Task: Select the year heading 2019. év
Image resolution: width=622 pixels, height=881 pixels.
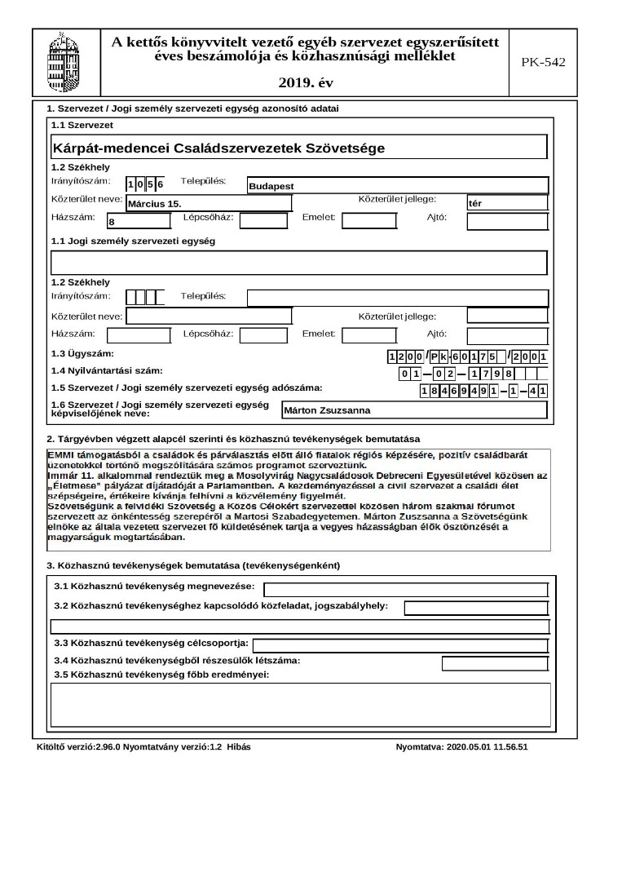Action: click(x=305, y=82)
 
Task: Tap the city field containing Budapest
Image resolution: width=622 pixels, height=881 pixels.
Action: click(x=398, y=185)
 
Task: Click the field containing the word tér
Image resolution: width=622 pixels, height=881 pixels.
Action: click(x=506, y=202)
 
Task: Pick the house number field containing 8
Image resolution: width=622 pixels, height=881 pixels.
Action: click(x=139, y=220)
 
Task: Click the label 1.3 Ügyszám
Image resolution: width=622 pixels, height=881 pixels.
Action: click(x=82, y=354)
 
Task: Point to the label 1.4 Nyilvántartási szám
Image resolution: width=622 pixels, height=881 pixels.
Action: click(x=107, y=371)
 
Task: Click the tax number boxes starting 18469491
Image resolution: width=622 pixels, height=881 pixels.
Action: click(x=483, y=391)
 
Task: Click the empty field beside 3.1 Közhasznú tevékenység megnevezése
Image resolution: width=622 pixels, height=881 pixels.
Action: click(x=405, y=590)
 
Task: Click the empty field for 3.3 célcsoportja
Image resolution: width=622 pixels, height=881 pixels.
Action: click(x=399, y=644)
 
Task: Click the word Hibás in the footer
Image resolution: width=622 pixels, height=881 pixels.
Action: click(x=239, y=747)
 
